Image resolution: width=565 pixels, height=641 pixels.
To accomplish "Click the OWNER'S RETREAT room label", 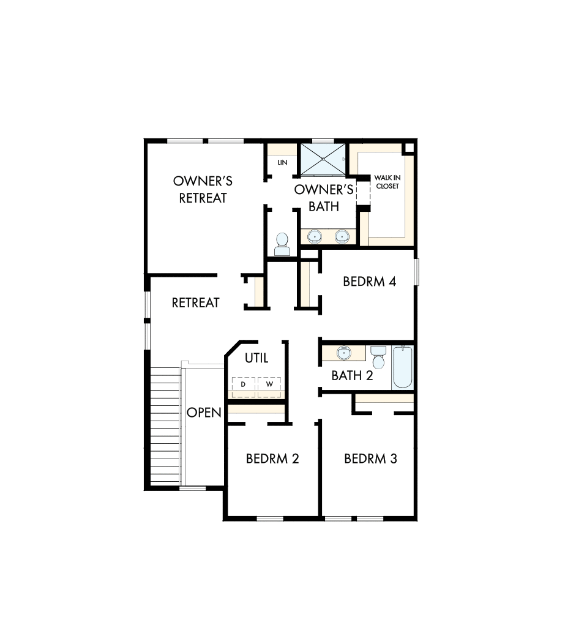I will point(203,190).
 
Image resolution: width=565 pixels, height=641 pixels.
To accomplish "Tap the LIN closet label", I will point(282,163).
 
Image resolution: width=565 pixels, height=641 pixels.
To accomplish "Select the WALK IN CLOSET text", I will point(387,182).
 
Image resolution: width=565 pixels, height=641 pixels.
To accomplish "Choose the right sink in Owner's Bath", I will point(342,235).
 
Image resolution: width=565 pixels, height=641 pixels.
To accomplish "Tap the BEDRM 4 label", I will point(370,282).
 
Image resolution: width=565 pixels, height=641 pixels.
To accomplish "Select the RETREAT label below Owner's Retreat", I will point(195,302).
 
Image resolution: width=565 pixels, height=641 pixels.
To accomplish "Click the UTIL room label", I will point(256,358).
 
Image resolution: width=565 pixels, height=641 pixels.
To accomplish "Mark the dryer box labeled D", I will point(243,384).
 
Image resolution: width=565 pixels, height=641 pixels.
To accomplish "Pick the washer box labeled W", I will point(269,384).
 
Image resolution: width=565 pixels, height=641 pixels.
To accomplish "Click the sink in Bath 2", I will point(343,353).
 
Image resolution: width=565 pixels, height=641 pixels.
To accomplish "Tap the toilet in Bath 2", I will point(378,358).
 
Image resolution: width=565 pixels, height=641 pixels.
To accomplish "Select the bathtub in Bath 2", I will point(403,367).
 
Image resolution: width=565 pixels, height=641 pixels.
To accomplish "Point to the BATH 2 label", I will point(352,376).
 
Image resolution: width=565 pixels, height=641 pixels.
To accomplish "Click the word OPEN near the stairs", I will point(204,413).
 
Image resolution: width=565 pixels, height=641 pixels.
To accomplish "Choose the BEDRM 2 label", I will point(272,459).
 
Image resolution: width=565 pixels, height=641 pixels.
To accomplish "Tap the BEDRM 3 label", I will point(370,459).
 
